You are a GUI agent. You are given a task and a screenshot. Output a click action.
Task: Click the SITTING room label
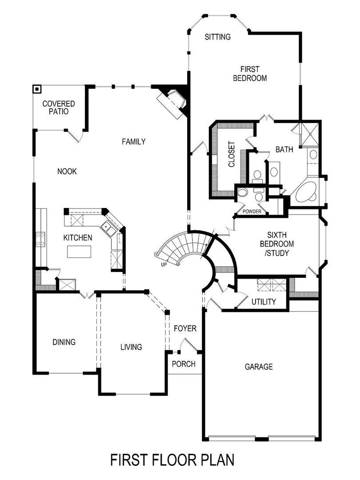click(218, 37)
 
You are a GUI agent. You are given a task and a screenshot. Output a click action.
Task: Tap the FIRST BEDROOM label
click(250, 74)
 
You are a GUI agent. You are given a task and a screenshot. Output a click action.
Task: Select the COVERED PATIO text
click(59, 108)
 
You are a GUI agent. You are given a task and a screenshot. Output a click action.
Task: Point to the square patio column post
click(37, 89)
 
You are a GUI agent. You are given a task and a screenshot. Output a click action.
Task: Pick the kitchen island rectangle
click(79, 251)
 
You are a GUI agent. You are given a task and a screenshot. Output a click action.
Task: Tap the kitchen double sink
click(108, 228)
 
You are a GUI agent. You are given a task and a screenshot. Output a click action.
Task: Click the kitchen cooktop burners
click(40, 239)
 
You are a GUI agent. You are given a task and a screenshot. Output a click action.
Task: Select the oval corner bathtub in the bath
click(304, 192)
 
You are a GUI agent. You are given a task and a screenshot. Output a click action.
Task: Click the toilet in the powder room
click(242, 192)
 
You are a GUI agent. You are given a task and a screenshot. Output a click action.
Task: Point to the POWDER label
click(252, 212)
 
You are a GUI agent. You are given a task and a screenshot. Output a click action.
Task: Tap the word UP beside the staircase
click(164, 264)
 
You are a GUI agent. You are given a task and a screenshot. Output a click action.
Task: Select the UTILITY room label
click(264, 302)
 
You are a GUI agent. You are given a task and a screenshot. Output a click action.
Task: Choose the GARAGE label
click(259, 367)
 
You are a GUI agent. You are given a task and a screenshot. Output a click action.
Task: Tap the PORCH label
click(184, 364)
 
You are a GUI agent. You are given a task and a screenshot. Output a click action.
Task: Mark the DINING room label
click(64, 342)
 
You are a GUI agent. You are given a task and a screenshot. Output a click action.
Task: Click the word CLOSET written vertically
click(232, 154)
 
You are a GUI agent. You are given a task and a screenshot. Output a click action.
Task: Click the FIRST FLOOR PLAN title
click(172, 460)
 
